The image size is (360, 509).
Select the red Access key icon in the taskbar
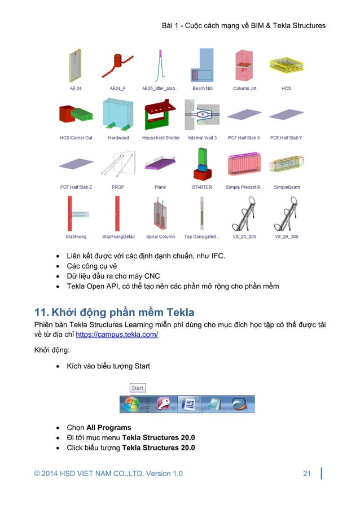[164, 403]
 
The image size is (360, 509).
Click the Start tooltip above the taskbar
[138, 388]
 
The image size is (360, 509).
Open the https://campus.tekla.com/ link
[117, 335]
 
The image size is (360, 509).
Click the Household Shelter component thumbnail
[161, 115]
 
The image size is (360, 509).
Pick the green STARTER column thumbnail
[202, 164]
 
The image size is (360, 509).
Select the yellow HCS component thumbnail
[286, 66]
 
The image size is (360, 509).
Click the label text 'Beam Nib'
[203, 89]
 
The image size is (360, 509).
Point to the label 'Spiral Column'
[161, 237]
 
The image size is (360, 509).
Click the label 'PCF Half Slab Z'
[76, 187]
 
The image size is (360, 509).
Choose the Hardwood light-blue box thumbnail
[118, 115]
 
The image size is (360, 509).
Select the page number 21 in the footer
[307, 473]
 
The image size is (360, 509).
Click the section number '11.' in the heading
[43, 312]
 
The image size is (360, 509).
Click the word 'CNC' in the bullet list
[152, 276]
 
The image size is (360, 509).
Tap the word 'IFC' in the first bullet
[216, 256]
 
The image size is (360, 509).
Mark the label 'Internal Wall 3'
[203, 138]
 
